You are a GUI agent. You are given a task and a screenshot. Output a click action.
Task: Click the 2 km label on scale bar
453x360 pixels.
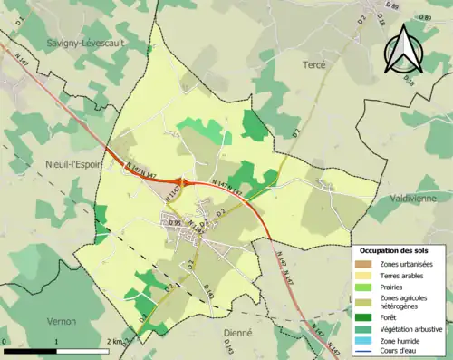(114, 342)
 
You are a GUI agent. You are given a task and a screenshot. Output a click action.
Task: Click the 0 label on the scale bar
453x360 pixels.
(5, 342)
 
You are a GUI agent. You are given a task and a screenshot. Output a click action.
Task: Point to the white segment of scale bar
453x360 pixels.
(83, 351)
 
